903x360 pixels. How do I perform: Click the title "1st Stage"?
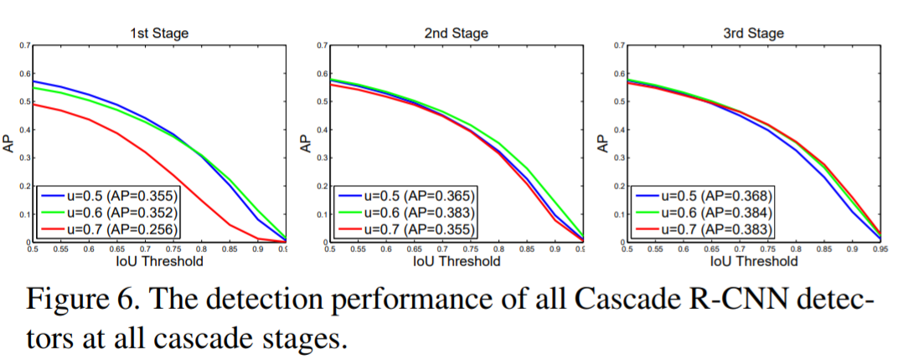pos(158,33)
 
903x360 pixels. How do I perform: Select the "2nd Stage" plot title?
pos(457,33)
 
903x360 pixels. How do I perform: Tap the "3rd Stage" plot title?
pos(754,33)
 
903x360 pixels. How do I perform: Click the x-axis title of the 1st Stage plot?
pos(158,261)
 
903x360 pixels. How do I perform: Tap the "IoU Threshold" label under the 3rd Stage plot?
pos(754,261)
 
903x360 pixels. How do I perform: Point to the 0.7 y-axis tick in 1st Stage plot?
pos(23,45)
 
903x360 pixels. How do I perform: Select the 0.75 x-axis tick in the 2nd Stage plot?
pos(471,249)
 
